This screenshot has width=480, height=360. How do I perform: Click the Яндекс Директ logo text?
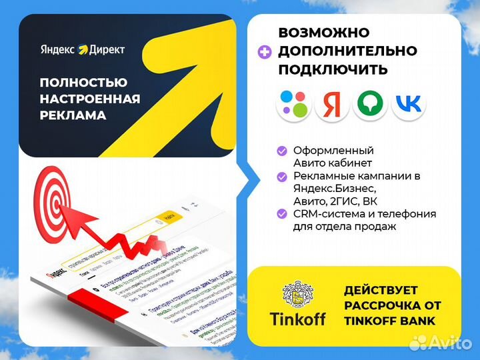pos(82,49)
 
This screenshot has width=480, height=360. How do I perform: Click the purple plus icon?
pos(265,51)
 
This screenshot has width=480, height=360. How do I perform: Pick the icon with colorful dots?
pos(293,103)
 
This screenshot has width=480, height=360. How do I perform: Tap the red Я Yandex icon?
pos(331,103)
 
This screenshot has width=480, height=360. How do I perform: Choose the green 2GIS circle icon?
pos(369,103)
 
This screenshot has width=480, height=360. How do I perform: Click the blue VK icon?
pos(408,103)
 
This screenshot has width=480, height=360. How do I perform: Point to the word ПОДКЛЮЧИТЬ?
pos(333,69)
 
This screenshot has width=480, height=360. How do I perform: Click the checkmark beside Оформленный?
pos(282,151)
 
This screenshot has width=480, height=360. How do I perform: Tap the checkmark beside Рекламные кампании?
pos(282,177)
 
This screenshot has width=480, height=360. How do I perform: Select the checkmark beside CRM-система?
pos(282,214)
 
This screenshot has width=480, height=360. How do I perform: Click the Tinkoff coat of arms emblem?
pos(298,293)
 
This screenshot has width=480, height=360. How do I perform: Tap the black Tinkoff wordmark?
pos(298,319)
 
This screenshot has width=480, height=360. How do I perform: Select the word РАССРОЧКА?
pos(381,306)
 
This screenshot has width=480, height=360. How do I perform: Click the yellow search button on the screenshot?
pos(169,217)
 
